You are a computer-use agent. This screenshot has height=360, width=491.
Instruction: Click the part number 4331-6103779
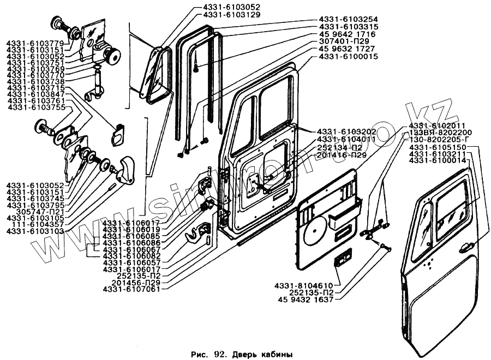coord(36,43)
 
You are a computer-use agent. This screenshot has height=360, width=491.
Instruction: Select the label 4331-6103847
coord(36,94)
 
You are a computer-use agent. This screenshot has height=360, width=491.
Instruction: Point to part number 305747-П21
coord(38,212)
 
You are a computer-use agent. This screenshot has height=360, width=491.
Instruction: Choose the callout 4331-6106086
coord(131,242)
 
